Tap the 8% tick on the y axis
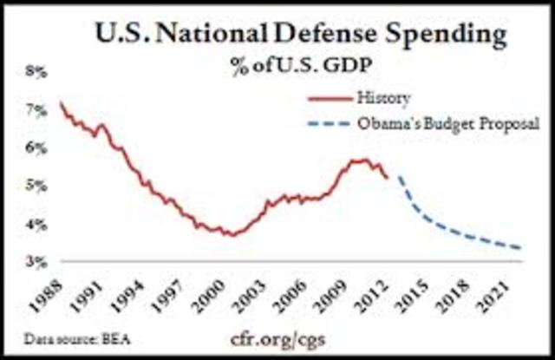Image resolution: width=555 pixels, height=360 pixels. tap(34, 72)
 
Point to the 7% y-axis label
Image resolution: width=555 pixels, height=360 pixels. tap(34, 110)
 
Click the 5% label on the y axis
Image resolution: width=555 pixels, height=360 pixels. tap(34, 186)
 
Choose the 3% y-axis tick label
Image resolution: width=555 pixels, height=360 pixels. tap(34, 261)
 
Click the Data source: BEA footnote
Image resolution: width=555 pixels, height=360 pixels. tap(64, 342)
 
